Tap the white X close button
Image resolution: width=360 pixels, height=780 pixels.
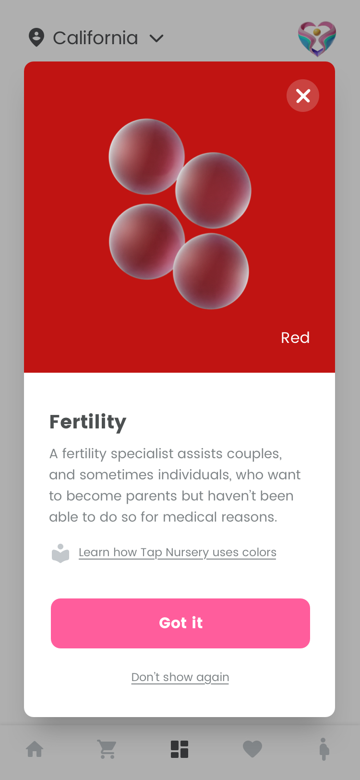303,96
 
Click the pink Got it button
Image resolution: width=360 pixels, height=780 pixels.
180,623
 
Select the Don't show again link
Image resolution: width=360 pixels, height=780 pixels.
180,677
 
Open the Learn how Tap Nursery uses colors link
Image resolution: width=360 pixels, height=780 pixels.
178,553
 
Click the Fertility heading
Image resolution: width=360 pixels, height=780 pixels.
88,422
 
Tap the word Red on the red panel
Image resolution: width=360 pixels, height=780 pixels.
295,338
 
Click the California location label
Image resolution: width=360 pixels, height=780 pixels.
96,38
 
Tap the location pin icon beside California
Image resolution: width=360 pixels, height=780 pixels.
36,37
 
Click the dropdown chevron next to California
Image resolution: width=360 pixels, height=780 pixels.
156,38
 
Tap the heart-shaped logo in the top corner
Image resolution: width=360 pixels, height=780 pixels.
317,38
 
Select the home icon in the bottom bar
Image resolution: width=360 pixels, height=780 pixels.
35,749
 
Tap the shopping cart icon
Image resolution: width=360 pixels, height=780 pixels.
107,749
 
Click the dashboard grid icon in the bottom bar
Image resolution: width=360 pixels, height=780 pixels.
180,749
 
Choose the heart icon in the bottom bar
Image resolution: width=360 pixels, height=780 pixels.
252,749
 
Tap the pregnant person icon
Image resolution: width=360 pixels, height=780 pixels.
324,749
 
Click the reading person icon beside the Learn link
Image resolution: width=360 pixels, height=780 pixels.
60,553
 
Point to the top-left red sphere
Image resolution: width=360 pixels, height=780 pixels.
146,157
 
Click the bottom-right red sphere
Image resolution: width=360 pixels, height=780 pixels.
211,271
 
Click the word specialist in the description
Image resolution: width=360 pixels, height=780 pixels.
142,454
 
